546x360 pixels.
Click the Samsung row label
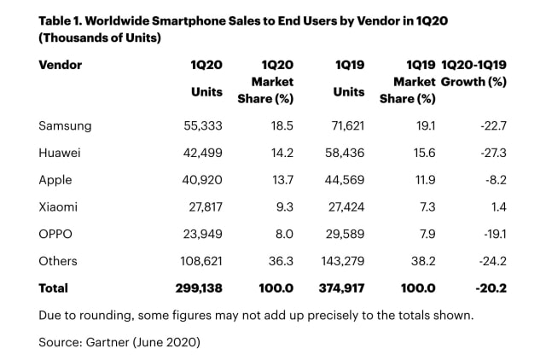pos(65,125)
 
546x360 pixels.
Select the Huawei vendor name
pos(61,153)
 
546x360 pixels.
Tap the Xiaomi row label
pos(59,207)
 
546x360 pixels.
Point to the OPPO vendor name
pos(56,234)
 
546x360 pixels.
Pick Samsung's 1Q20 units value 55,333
pos(203,125)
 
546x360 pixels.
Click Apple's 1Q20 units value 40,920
pos(203,180)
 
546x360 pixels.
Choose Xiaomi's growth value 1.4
pos(499,207)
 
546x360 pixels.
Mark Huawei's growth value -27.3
pos(492,153)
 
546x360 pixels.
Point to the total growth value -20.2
pos(491,288)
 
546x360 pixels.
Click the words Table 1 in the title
pos(61,20)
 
